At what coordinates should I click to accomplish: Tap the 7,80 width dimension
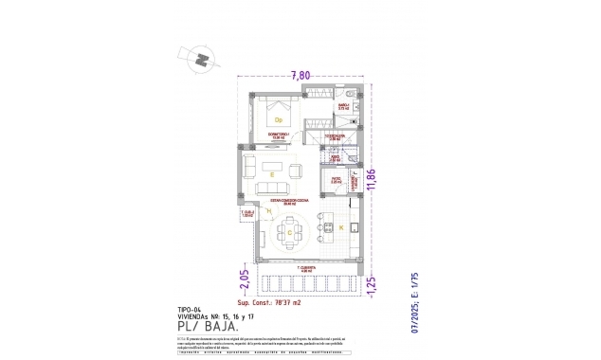300,74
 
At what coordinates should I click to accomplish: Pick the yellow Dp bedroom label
279,120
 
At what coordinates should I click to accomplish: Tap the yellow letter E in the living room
271,174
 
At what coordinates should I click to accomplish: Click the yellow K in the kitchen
340,228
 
